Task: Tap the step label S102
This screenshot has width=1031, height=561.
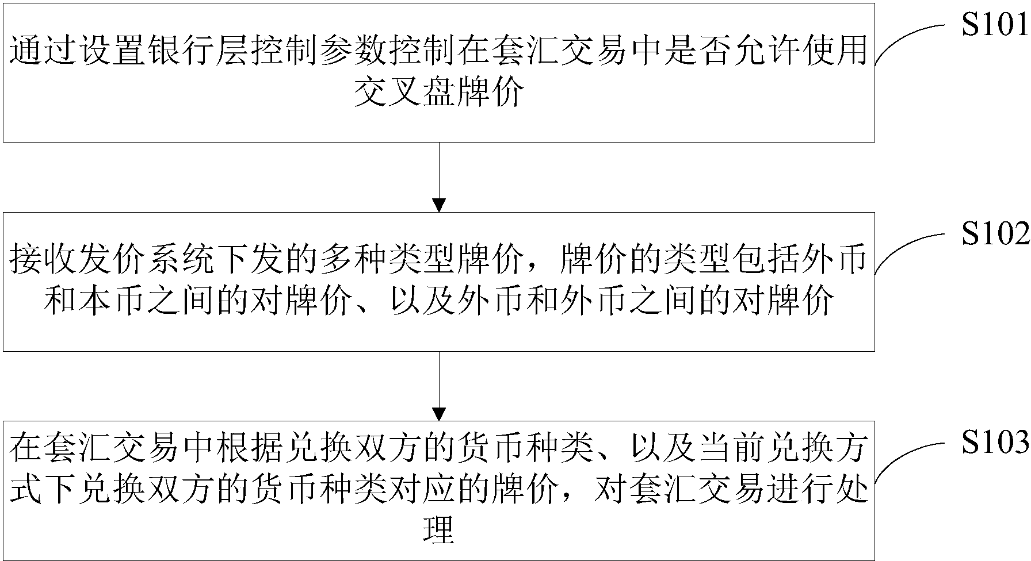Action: click(x=994, y=235)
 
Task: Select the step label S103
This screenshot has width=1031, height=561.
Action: click(x=994, y=443)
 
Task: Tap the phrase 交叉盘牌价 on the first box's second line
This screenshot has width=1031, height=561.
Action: click(x=439, y=92)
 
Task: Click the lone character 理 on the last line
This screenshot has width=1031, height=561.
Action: click(x=439, y=529)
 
